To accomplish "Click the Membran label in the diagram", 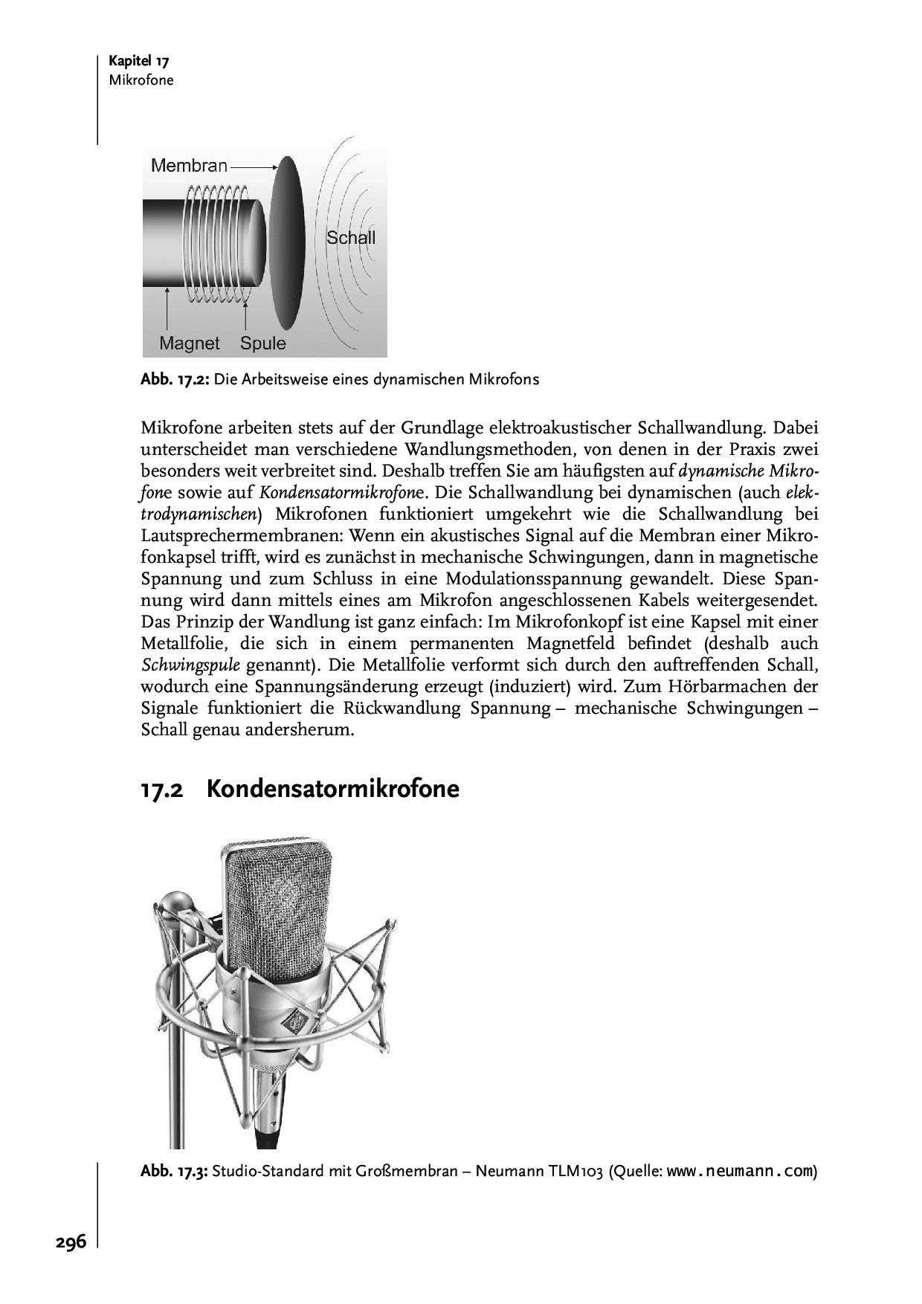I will click(x=189, y=166).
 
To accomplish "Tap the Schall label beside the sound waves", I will click(x=351, y=238).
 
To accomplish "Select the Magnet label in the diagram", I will click(x=190, y=343).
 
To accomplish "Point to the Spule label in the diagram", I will click(x=263, y=343).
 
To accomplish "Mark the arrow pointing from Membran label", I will click(x=253, y=167).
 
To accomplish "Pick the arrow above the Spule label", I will click(x=245, y=312).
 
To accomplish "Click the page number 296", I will click(x=71, y=1242).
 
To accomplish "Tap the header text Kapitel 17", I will click(x=139, y=62).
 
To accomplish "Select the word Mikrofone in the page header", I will click(x=141, y=80).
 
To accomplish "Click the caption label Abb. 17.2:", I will click(x=175, y=380).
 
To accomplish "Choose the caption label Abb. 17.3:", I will click(x=175, y=1172).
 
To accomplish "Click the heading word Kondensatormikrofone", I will click(x=332, y=789).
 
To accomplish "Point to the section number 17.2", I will click(x=162, y=790).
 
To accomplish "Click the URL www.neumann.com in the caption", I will click(x=739, y=1172).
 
